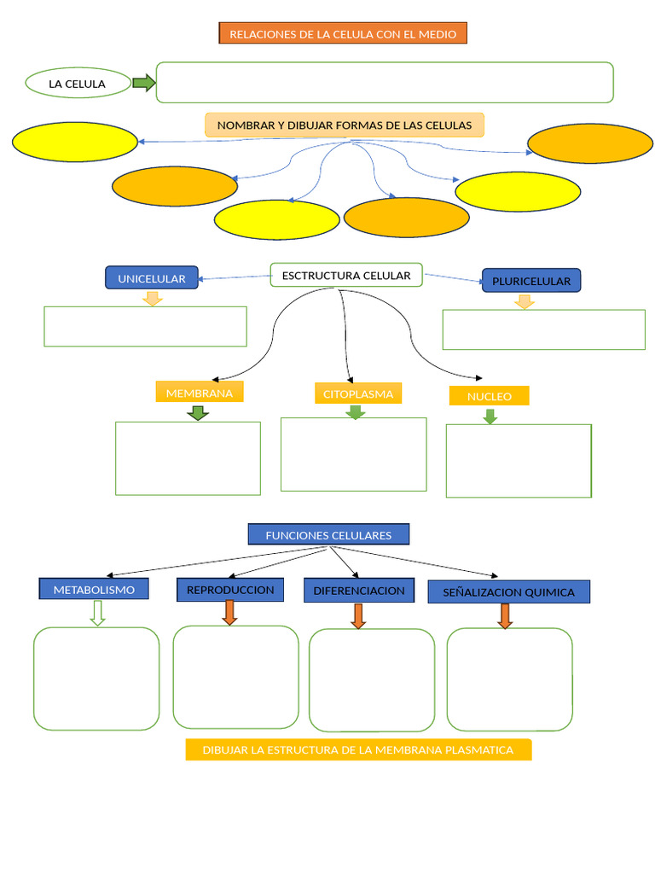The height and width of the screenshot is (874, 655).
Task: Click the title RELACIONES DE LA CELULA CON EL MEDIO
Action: pyautogui.click(x=343, y=34)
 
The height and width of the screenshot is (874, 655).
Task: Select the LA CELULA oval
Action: pyautogui.click(x=78, y=84)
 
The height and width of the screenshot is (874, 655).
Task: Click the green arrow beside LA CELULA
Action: pyautogui.click(x=144, y=83)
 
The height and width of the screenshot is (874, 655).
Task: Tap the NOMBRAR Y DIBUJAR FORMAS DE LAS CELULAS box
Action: pyautogui.click(x=345, y=125)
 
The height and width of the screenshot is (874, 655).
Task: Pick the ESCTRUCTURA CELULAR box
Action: pyautogui.click(x=346, y=275)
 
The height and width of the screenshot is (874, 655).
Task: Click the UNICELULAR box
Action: pyautogui.click(x=152, y=278)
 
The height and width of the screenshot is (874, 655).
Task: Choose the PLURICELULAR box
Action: pyautogui.click(x=531, y=281)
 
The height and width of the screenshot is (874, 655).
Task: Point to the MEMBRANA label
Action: pyautogui.click(x=200, y=393)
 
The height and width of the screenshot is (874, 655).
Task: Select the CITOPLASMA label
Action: pyautogui.click(x=358, y=393)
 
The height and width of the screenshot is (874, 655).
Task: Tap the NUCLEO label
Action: pyautogui.click(x=490, y=396)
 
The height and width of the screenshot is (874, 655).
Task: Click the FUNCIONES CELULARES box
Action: pyautogui.click(x=328, y=535)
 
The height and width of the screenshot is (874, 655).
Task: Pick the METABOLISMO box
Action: pyautogui.click(x=94, y=590)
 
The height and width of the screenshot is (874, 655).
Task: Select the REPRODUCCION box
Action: pyautogui.click(x=230, y=590)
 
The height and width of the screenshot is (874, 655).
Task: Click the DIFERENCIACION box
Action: pyautogui.click(x=359, y=591)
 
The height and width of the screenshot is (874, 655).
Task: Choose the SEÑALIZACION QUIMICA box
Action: pyautogui.click(x=508, y=592)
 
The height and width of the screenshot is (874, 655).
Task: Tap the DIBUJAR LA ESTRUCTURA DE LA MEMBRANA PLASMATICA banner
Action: pyautogui.click(x=358, y=750)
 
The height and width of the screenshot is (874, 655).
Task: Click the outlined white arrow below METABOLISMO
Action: pyautogui.click(x=97, y=613)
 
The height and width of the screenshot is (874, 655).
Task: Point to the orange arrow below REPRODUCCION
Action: pyautogui.click(x=229, y=612)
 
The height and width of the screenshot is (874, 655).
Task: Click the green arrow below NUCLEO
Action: pyautogui.click(x=490, y=417)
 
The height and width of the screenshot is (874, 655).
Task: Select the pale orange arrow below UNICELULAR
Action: pyautogui.click(x=153, y=298)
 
